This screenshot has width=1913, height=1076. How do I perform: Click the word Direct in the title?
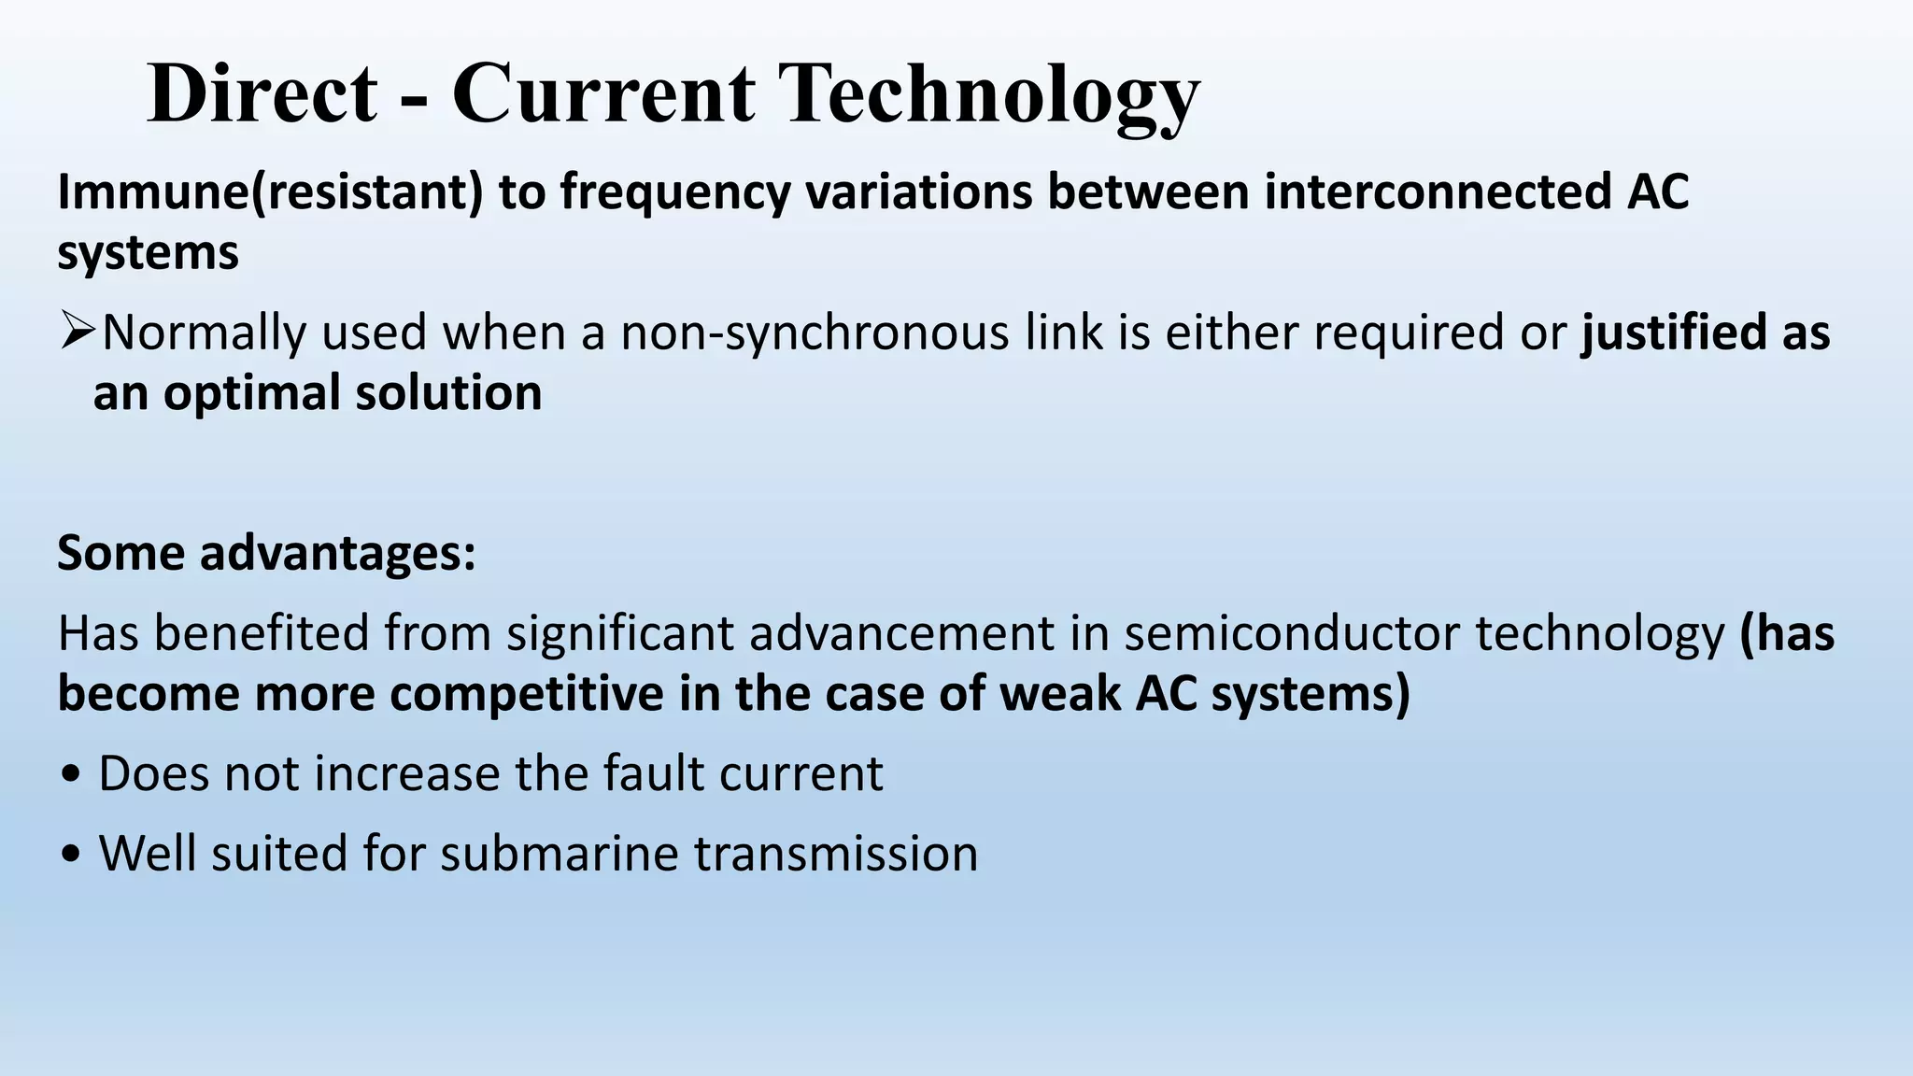tap(262, 93)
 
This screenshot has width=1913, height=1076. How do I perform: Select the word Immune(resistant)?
tap(270, 192)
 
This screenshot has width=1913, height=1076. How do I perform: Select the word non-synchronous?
tap(815, 333)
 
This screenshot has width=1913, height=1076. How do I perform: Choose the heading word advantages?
tap(337, 553)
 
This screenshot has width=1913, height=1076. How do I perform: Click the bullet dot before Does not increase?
tap(71, 775)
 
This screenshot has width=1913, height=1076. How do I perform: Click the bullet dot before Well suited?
tap(71, 855)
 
